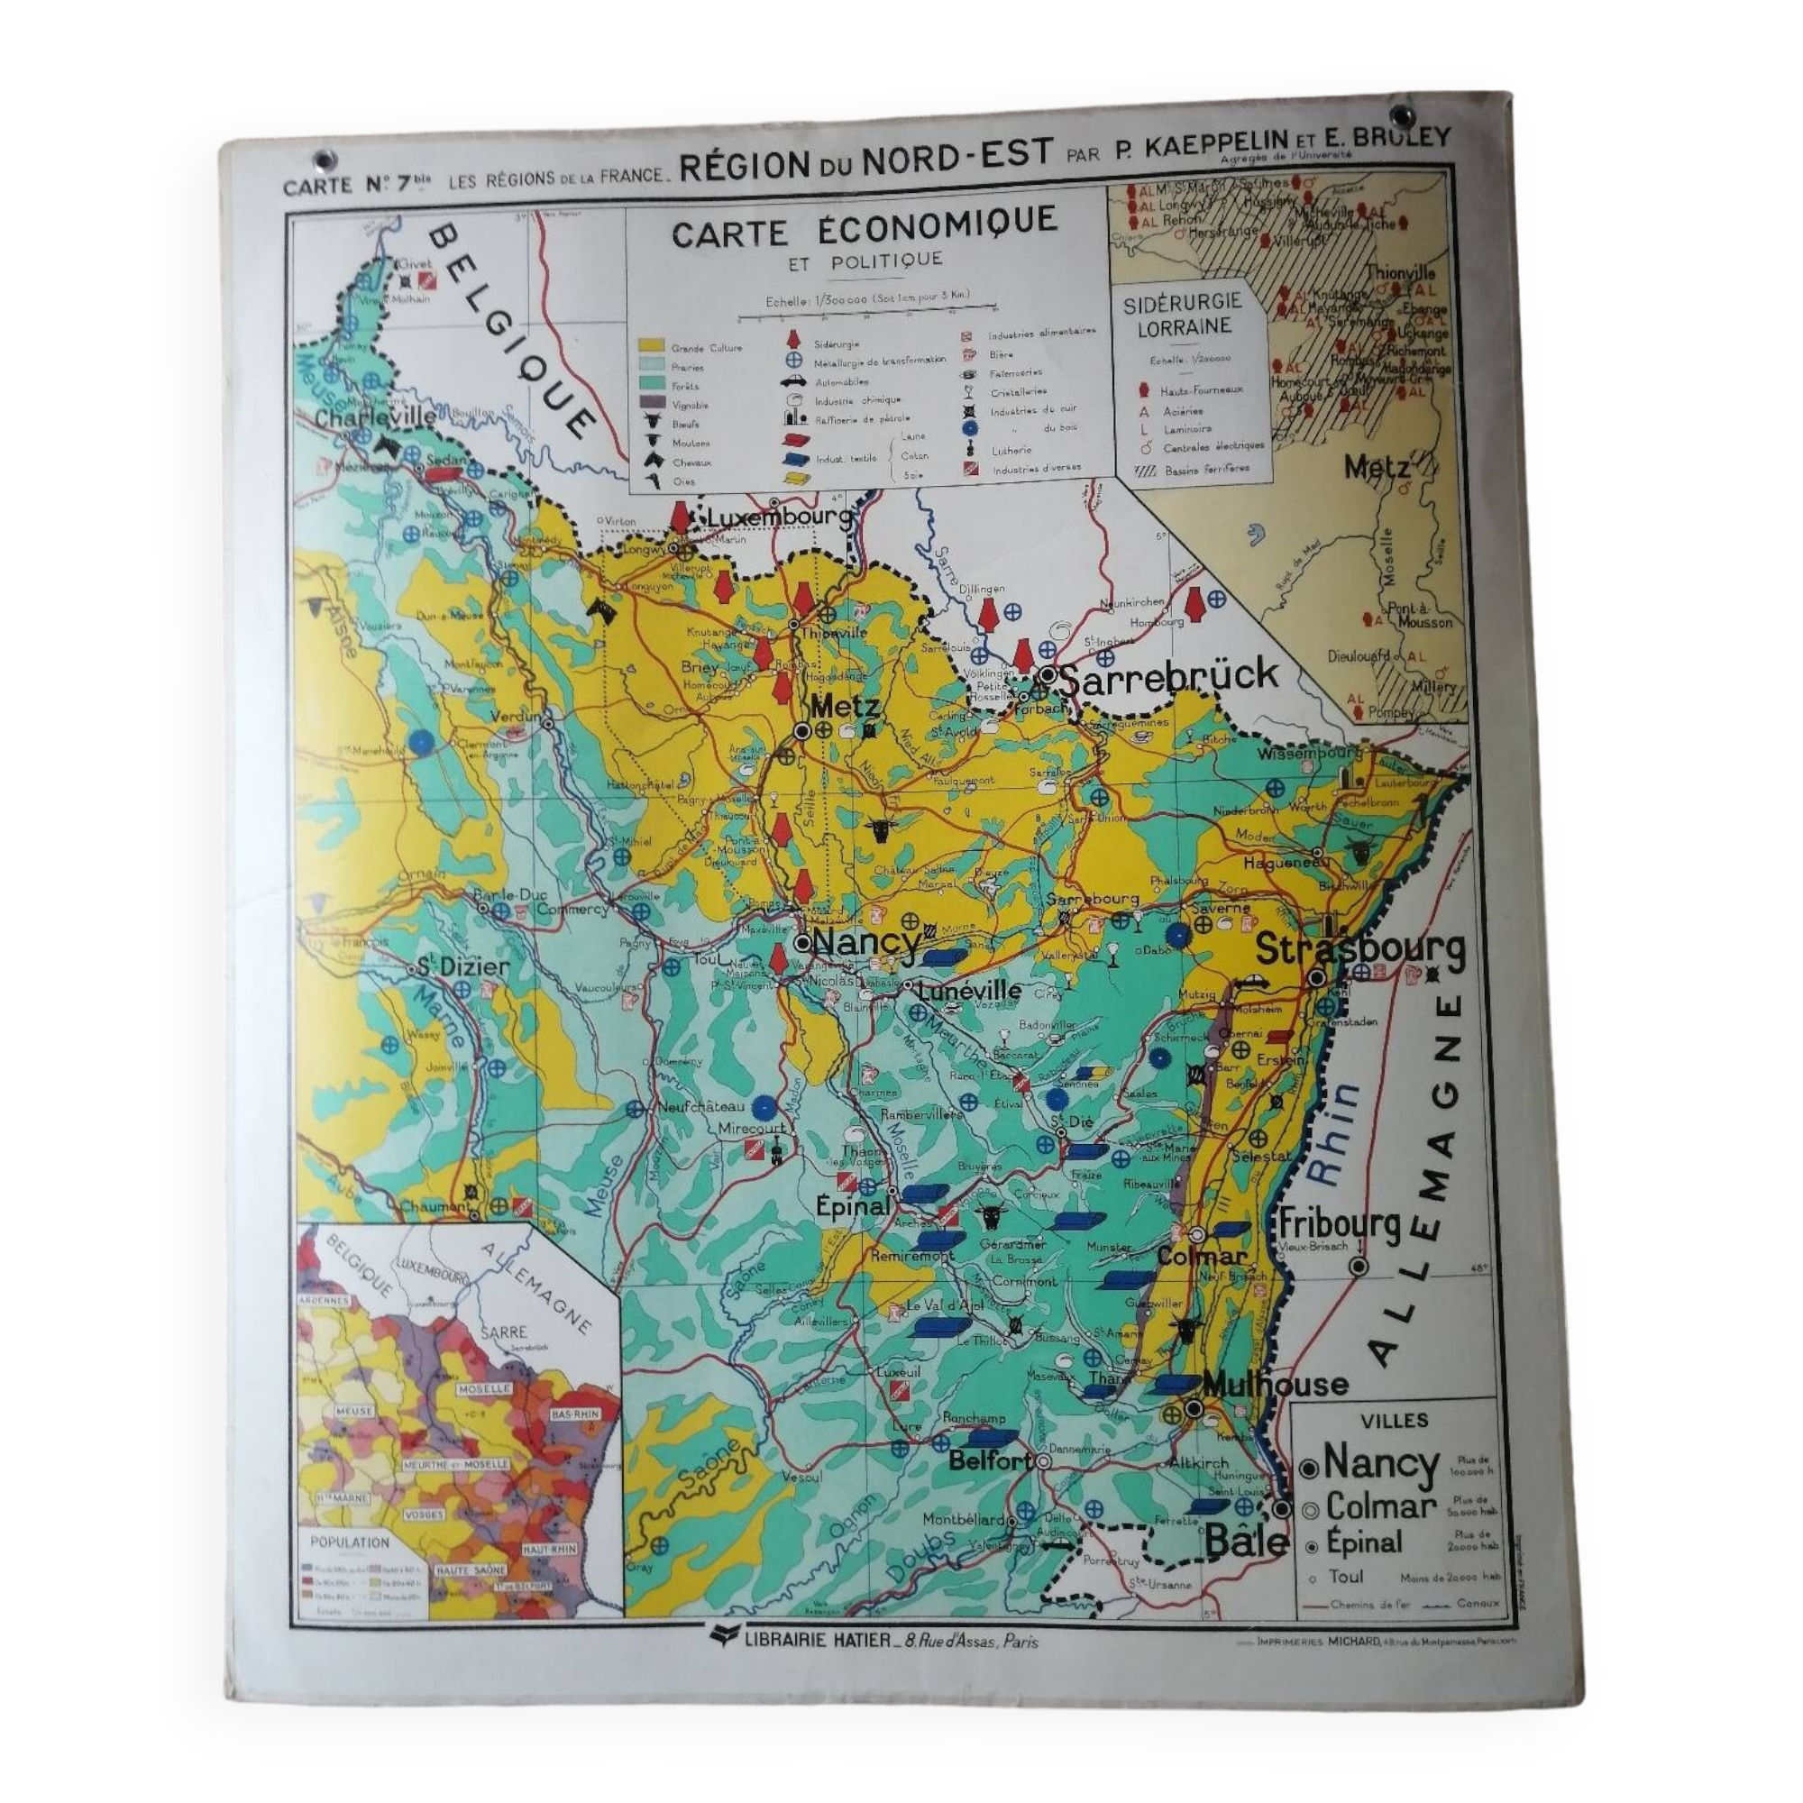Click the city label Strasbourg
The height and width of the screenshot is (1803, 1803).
tap(1359, 949)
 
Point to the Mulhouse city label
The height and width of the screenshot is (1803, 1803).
tap(1275, 1384)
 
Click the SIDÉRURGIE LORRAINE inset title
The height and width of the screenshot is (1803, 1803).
tap(1183, 315)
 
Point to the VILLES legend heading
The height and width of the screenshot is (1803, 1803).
tap(1395, 1421)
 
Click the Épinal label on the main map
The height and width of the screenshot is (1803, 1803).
tap(852, 1205)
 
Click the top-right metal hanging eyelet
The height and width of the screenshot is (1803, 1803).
tap(1400, 115)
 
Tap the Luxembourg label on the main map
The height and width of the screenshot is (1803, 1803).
tap(779, 516)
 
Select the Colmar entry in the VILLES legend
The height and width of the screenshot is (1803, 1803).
tap(1380, 1506)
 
